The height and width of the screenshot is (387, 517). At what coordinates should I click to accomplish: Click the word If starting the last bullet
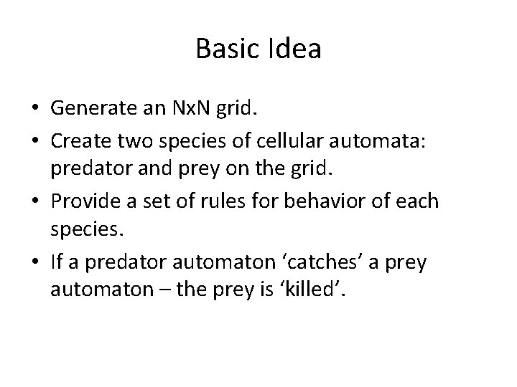(x=57, y=262)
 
